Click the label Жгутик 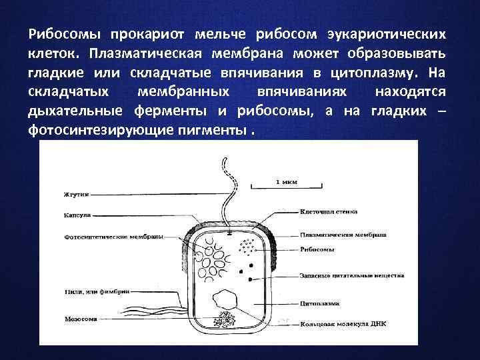tap(77, 194)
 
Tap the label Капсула tap(77, 216)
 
